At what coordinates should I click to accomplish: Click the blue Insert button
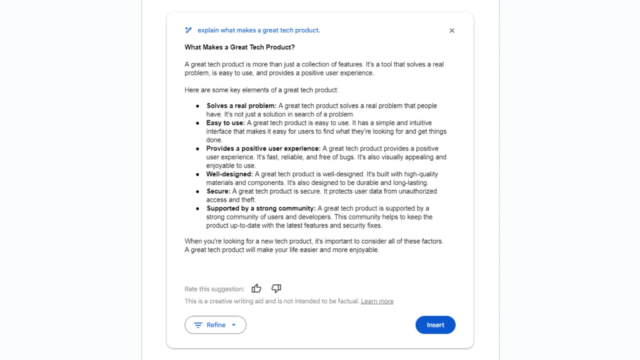point(435,325)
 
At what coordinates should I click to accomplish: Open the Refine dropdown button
point(215,325)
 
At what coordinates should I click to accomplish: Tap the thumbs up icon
point(256,288)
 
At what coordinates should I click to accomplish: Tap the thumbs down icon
point(276,288)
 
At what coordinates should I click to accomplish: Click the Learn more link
point(377,301)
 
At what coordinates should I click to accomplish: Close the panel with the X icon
point(452,31)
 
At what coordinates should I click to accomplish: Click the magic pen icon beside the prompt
point(189,30)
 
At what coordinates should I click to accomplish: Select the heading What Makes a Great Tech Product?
point(240,47)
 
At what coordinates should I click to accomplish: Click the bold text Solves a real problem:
point(241,106)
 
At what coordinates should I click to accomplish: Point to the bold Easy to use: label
point(225,123)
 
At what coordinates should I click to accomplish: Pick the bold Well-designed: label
point(229,174)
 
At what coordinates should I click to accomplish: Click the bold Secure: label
point(218,191)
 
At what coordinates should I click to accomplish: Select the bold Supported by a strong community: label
point(261,208)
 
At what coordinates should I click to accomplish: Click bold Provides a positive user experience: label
point(263,149)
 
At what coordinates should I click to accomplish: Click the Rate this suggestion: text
point(214,289)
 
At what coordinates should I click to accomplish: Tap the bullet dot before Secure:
point(197,191)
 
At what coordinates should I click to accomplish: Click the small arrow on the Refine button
point(234,325)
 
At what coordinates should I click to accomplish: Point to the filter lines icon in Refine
point(198,325)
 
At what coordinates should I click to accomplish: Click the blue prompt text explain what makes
point(259,30)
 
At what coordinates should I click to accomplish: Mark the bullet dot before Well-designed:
point(197,174)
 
